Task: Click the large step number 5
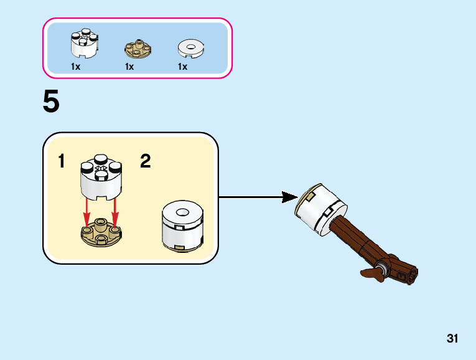[x=51, y=103]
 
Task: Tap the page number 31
[x=452, y=339]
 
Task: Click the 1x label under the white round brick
[x=75, y=67]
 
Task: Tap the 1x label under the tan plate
[x=129, y=67]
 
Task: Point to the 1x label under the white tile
[x=182, y=67]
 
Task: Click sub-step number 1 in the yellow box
[x=62, y=162]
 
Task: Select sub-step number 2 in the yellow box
[x=145, y=162]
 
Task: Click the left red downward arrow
[x=87, y=212]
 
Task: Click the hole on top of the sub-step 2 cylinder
[x=182, y=213]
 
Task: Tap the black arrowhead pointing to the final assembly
[x=289, y=197]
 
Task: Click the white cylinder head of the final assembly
[x=319, y=209]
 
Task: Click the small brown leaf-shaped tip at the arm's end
[x=371, y=272]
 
